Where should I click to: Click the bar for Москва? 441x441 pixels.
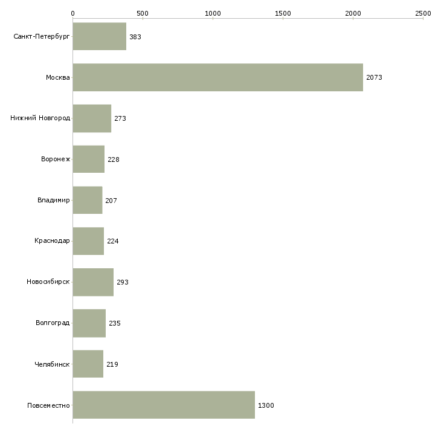(x=218, y=77)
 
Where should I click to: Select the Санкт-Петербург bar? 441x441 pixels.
(x=100, y=36)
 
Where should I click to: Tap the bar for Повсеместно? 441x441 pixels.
(x=164, y=405)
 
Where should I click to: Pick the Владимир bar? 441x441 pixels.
(x=88, y=200)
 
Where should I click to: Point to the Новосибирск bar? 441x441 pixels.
(x=93, y=282)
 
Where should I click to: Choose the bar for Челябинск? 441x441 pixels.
(x=88, y=364)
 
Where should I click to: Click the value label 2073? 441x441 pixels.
(x=374, y=77)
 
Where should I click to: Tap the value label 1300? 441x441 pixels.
(x=266, y=405)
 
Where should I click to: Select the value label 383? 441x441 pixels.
(x=135, y=37)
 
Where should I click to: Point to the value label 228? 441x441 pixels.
(x=114, y=159)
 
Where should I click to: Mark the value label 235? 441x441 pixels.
(x=115, y=323)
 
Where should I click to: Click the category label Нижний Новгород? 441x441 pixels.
(x=40, y=118)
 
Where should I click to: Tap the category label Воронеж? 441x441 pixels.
(x=56, y=159)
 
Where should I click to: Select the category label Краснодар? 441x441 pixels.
(x=52, y=241)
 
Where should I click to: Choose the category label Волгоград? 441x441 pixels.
(x=53, y=323)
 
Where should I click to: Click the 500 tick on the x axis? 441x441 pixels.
(x=143, y=13)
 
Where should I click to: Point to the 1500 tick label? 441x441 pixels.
(x=283, y=13)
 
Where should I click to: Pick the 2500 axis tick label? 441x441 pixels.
(x=423, y=13)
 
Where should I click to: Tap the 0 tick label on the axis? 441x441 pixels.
(x=73, y=13)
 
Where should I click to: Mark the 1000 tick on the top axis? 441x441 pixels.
(x=213, y=13)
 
